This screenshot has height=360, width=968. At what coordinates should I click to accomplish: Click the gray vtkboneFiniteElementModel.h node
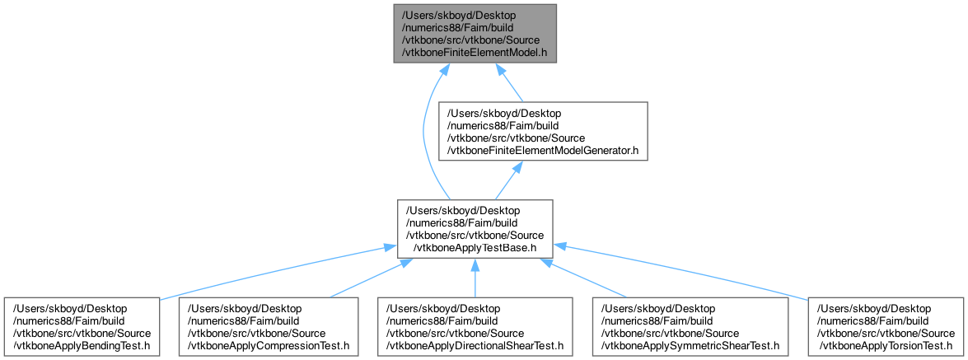coord(475,33)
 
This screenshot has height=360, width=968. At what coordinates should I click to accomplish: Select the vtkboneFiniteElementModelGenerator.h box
coord(543,131)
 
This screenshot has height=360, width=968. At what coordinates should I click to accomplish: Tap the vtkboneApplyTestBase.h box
coord(475,229)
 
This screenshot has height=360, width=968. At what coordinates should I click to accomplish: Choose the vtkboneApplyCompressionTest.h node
coord(268,327)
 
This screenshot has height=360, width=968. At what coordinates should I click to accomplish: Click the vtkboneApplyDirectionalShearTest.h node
coord(475,327)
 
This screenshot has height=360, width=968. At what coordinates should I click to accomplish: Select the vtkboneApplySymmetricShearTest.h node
coord(690,327)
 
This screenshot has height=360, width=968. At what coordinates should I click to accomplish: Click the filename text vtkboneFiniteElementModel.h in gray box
coord(475,53)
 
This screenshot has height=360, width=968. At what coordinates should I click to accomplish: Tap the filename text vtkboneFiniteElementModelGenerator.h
coord(543,151)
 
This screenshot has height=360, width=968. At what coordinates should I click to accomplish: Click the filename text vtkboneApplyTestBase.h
coord(475,248)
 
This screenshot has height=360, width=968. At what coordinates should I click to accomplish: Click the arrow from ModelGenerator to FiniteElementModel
coord(511,82)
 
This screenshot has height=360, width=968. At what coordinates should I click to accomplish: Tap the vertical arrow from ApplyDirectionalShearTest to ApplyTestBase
coord(475,278)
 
